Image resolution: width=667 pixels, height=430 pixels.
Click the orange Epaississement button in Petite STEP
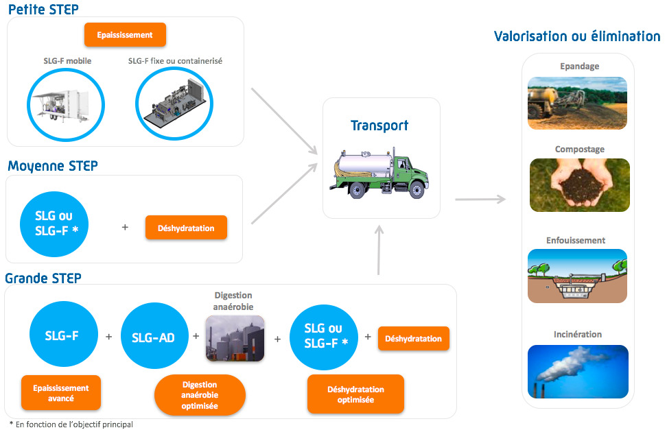[125, 35]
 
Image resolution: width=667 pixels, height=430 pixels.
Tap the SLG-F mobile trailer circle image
[66, 105]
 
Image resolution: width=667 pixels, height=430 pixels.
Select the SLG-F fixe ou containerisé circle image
[174, 104]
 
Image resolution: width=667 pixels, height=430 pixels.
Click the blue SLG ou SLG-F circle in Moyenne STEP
[54, 224]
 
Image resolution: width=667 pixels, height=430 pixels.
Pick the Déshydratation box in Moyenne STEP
[187, 228]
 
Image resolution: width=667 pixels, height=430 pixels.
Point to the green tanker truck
[379, 173]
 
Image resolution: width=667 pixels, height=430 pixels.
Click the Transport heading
[379, 126]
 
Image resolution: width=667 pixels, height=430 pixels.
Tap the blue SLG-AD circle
[154, 335]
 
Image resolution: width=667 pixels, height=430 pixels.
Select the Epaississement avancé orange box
[61, 393]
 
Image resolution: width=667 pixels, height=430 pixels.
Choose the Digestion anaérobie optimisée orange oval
[200, 395]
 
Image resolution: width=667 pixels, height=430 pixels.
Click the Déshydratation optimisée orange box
[355, 394]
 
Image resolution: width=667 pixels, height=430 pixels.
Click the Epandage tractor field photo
[577, 103]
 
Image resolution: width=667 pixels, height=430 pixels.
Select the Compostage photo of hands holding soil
[579, 185]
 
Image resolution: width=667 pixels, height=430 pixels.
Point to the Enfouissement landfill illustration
[577, 276]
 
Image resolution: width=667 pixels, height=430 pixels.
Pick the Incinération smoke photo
[578, 371]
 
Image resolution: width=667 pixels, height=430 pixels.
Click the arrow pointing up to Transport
[379, 250]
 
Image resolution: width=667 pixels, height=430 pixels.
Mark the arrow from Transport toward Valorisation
[480, 199]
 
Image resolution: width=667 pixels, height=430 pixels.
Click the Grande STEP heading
[43, 278]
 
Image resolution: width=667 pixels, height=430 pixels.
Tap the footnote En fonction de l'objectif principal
[71, 424]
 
